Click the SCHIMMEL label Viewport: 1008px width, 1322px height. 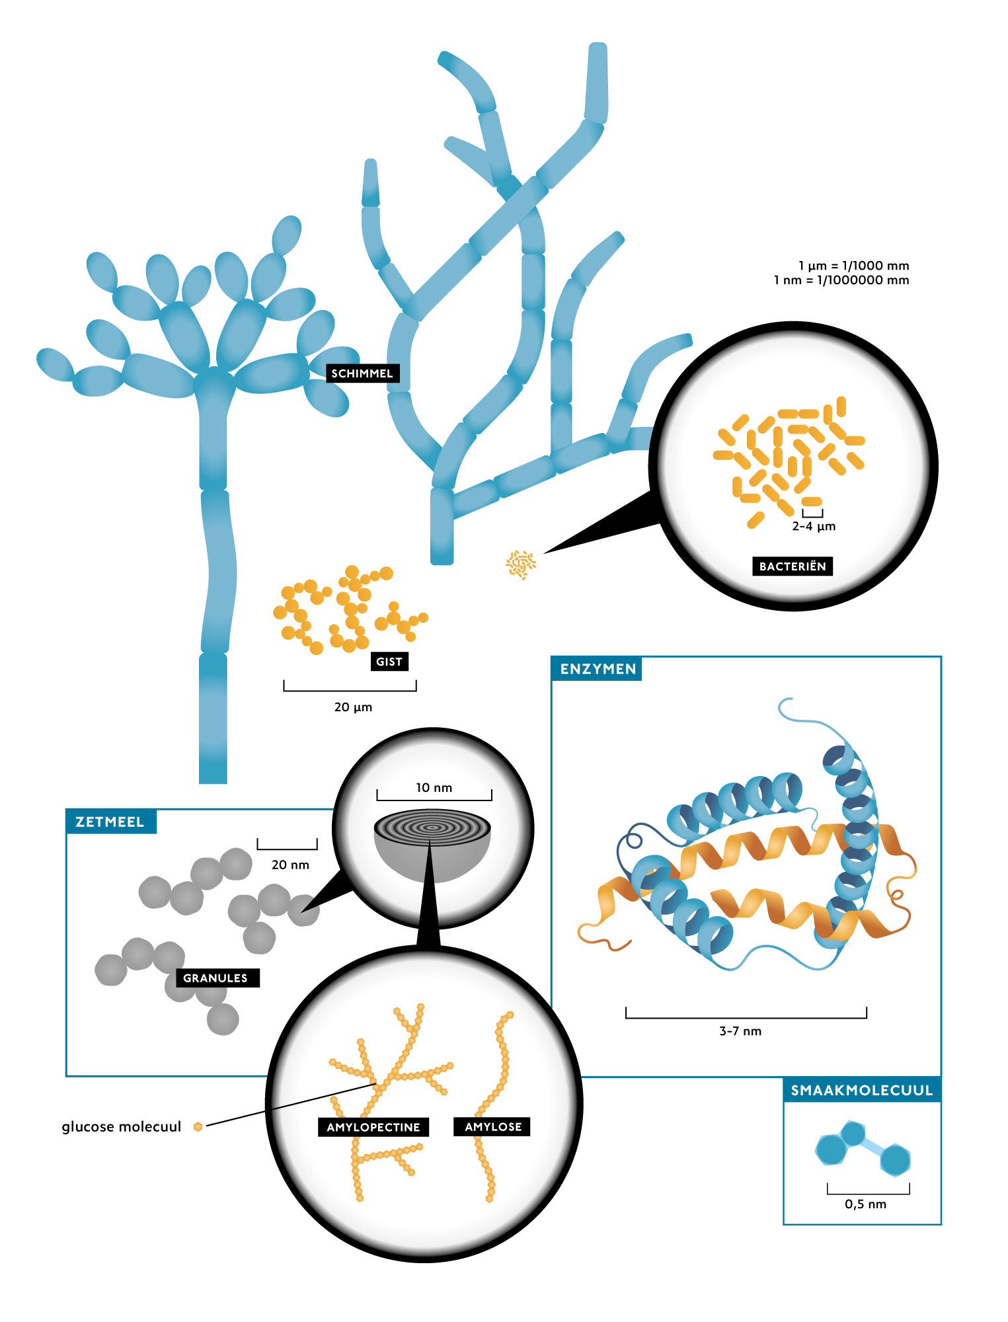tap(362, 373)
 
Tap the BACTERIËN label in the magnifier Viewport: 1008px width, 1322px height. tap(793, 566)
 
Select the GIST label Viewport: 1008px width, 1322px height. tap(389, 662)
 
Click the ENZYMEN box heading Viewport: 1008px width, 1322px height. tap(598, 669)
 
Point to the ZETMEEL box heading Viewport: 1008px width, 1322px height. tap(110, 822)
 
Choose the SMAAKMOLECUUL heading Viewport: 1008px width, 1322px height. tap(862, 1090)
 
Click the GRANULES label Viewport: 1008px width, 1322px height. tap(215, 978)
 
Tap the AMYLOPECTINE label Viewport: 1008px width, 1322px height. tap(373, 1127)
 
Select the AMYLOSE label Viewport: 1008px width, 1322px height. tap(493, 1127)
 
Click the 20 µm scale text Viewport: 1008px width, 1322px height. tap(353, 707)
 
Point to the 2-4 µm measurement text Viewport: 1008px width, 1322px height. tap(814, 526)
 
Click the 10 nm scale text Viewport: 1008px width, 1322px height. tap(434, 788)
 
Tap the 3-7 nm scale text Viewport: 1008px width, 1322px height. tap(740, 1031)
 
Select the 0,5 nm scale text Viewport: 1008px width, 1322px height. tap(865, 1204)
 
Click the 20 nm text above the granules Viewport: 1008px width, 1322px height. tap(290, 865)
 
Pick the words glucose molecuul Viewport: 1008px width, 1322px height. tap(122, 1127)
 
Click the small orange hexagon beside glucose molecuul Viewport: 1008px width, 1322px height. tap(198, 1126)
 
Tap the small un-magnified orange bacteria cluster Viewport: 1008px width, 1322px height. tap(521, 564)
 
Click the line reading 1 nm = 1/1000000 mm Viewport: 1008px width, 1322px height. tap(841, 280)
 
